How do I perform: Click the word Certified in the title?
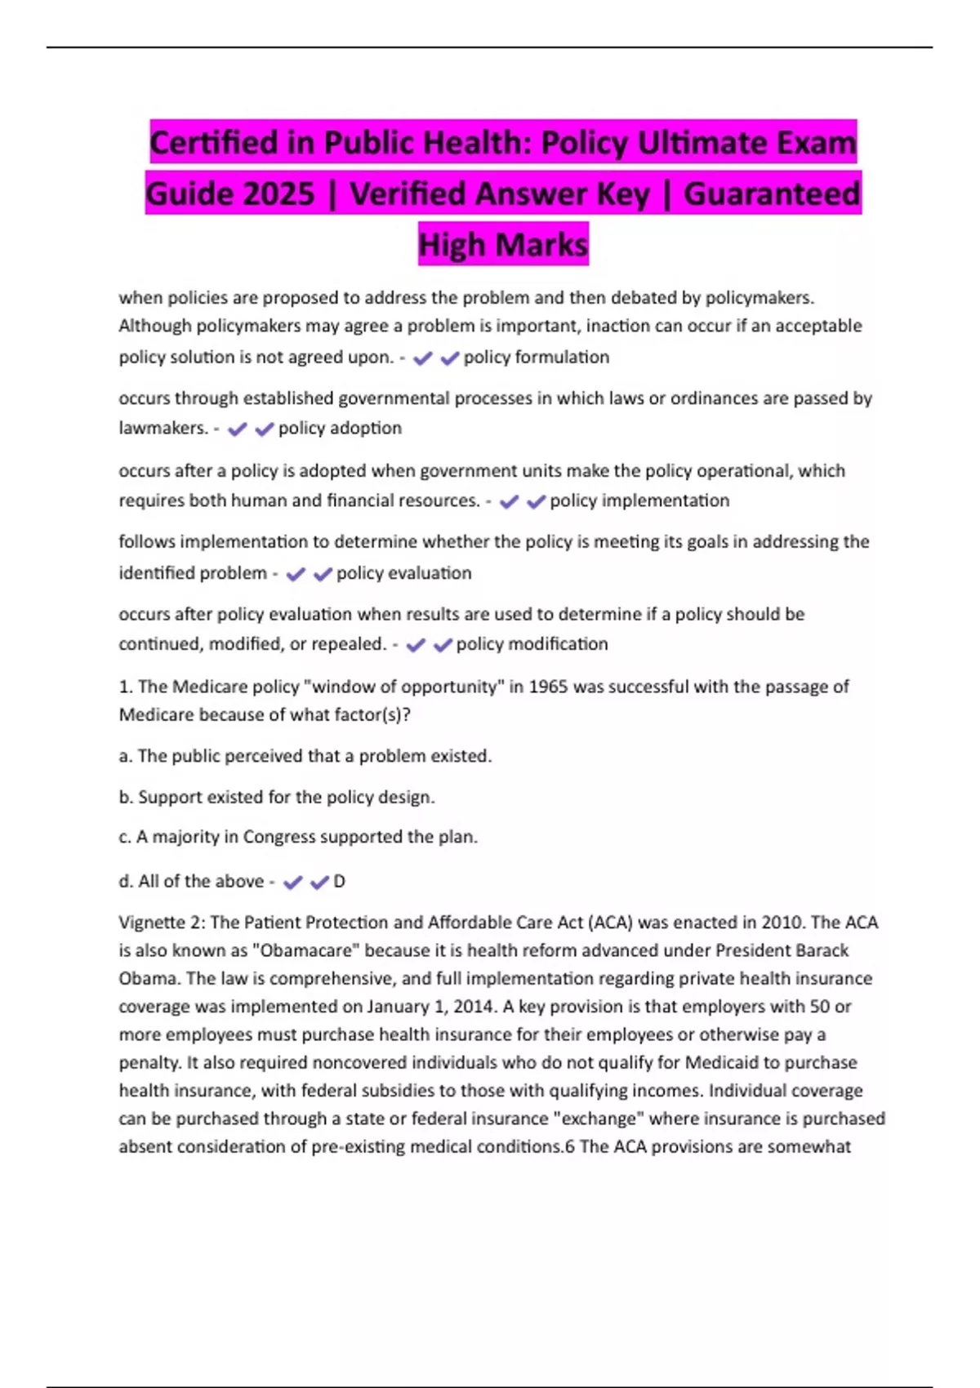[214, 143]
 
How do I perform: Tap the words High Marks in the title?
[503, 245]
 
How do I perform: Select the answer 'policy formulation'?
[536, 358]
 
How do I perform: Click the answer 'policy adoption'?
[340, 429]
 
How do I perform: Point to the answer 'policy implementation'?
[639, 500]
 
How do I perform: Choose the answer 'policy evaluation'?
[403, 573]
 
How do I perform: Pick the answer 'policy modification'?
[532, 644]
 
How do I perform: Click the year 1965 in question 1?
[548, 687]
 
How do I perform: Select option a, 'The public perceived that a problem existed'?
[305, 756]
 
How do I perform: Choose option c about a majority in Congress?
[298, 837]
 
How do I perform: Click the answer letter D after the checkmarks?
[340, 882]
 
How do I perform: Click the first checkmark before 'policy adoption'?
[238, 429]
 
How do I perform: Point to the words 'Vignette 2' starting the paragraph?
[161, 923]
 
